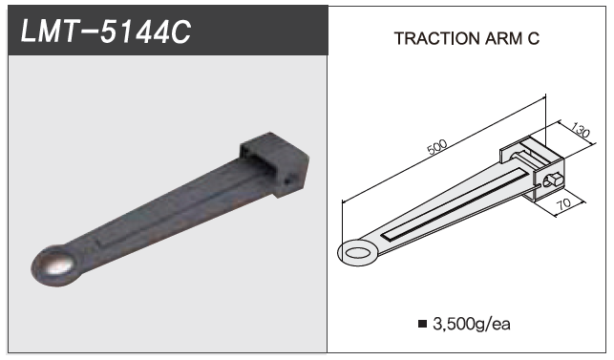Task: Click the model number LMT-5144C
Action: pos(106,32)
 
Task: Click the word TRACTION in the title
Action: pos(436,38)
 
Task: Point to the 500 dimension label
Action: pos(436,147)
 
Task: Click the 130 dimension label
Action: pos(580,130)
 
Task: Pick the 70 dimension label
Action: pos(563,203)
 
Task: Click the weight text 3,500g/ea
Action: pos(472,324)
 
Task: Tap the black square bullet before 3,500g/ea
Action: pos(422,324)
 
